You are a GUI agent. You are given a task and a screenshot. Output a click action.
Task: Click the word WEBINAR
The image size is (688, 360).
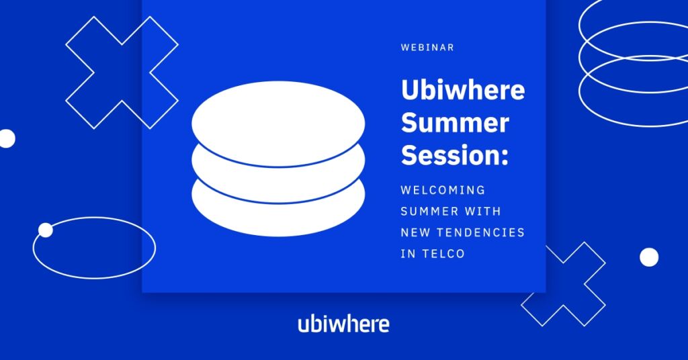[427, 48]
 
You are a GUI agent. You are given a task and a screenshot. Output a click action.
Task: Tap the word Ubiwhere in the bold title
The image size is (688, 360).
[463, 89]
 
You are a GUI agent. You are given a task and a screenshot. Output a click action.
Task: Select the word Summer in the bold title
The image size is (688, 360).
[455, 123]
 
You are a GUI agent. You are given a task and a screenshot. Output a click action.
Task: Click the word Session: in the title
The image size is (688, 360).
[455, 155]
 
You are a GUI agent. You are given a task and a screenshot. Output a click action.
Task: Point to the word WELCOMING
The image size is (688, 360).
[443, 190]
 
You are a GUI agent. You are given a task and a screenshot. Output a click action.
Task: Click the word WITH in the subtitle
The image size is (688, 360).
[482, 212]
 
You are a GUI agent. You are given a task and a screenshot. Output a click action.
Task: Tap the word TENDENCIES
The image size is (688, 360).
[481, 232]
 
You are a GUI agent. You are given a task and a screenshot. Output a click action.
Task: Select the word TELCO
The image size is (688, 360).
[443, 253]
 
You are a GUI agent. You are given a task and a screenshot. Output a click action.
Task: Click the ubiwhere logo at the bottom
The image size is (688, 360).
[343, 324]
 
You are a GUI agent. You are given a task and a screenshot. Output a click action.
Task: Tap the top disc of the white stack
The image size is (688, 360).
[278, 124]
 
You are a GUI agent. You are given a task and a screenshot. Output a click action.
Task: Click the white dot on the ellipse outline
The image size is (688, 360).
[45, 230]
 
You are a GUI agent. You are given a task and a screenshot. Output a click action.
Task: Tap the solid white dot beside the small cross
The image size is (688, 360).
[649, 257]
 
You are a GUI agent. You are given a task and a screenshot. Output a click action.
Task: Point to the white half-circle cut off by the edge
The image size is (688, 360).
[7, 138]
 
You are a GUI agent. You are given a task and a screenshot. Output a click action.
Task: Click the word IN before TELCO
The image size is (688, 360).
[408, 253]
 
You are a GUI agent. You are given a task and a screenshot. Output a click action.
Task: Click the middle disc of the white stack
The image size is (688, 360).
[278, 185]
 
